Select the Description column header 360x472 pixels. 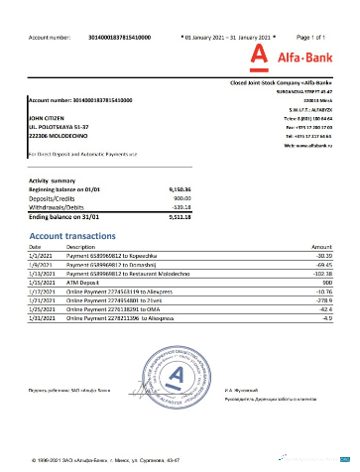click(80, 245)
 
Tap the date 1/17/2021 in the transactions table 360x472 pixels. click(42, 291)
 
